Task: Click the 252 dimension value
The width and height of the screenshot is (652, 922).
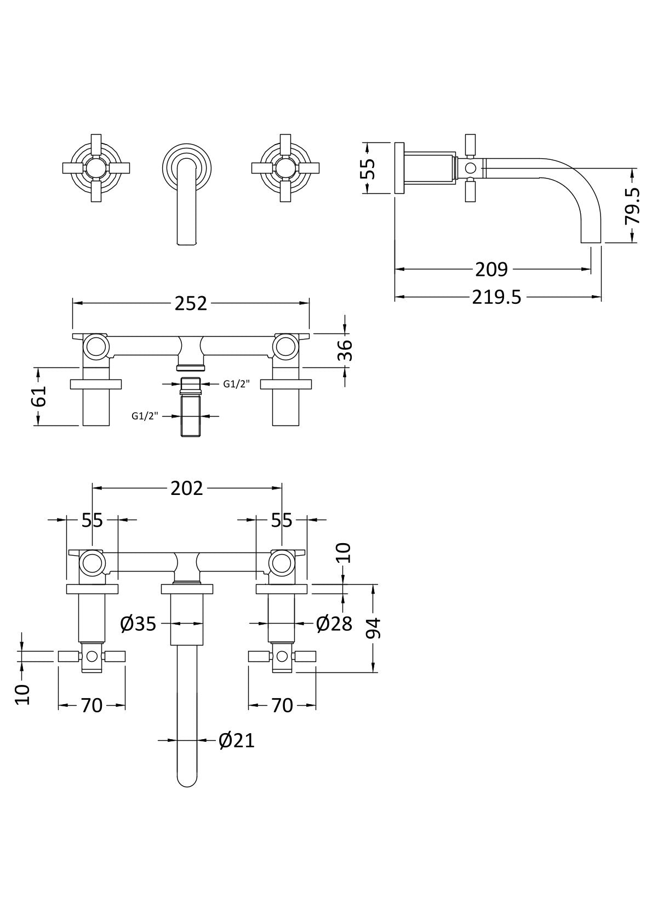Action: point(191,304)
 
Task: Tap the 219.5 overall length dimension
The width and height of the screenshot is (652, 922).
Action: point(496,297)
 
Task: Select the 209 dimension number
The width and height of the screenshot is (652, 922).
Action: point(491,269)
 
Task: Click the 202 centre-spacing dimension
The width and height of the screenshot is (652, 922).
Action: point(187,488)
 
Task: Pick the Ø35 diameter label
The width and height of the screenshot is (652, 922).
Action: point(138,624)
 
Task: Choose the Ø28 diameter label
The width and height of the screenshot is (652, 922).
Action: point(334,624)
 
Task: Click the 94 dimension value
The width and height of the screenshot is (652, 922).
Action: point(374,628)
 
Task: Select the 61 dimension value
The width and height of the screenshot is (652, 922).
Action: point(39,396)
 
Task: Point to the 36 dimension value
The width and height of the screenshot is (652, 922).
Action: point(346,350)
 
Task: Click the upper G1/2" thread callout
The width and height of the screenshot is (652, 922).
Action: point(236,384)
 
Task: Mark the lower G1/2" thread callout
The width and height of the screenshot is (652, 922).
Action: point(145,416)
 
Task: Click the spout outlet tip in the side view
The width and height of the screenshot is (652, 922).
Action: point(591,242)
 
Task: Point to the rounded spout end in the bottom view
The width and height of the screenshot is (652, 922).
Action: point(187,786)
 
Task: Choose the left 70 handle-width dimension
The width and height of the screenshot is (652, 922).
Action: point(92,706)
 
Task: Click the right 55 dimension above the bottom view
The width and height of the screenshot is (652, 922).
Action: point(282,520)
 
